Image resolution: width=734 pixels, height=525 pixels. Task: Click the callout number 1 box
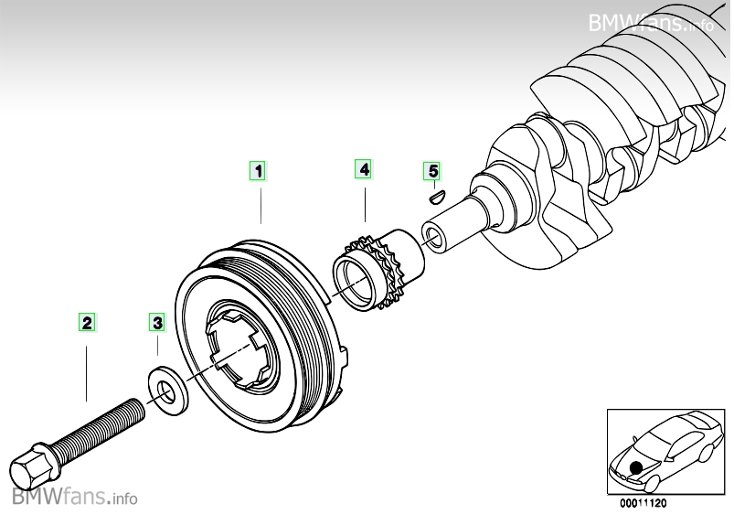pyautogui.click(x=260, y=170)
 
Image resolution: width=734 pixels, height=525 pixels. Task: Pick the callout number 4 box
pyautogui.click(x=364, y=169)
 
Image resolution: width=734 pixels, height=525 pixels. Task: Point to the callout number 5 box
pyautogui.click(x=432, y=170)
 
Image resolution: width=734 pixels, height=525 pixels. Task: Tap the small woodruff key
pyautogui.click(x=437, y=193)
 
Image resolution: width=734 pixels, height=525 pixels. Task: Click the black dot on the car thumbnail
pyautogui.click(x=635, y=466)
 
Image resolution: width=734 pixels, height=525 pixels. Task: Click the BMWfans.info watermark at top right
pyautogui.click(x=651, y=22)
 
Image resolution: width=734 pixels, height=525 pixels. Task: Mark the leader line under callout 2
pyautogui.click(x=87, y=366)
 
